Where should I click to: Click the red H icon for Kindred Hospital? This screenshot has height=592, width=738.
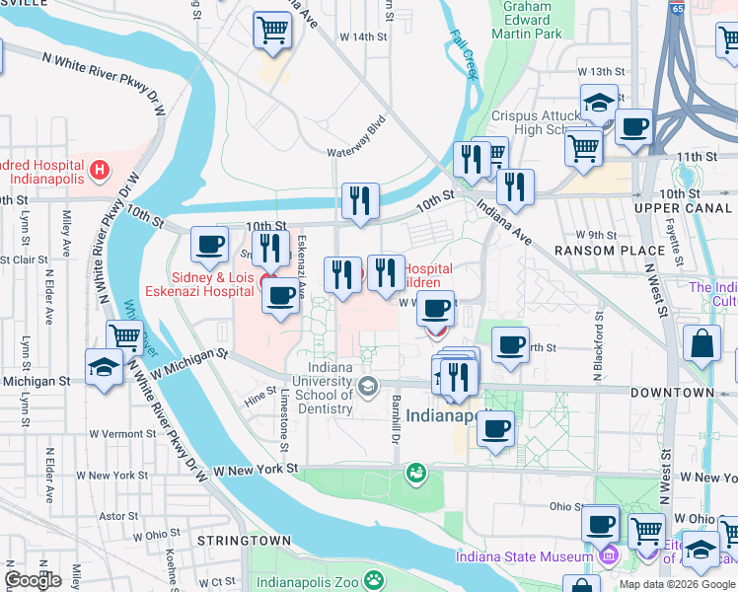pyautogui.click(x=98, y=171)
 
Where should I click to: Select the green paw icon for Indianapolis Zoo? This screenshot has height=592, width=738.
pyautogui.click(x=373, y=579)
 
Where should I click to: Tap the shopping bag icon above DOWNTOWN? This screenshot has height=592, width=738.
pyautogui.click(x=701, y=346)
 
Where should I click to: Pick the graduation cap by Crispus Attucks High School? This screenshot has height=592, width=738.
pyautogui.click(x=599, y=103)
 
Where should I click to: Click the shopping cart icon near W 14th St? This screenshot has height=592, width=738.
pyautogui.click(x=271, y=30)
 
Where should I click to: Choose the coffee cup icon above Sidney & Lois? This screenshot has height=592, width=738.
pyautogui.click(x=208, y=245)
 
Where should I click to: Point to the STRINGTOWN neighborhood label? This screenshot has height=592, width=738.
pyautogui.click(x=244, y=541)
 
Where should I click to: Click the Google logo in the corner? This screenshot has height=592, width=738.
pyautogui.click(x=34, y=580)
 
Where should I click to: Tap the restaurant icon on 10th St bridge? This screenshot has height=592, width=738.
pyautogui.click(x=360, y=201)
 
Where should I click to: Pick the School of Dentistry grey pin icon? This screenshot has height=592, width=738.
pyautogui.click(x=368, y=385)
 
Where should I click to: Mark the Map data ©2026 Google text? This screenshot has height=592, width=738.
pyautogui.click(x=677, y=584)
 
